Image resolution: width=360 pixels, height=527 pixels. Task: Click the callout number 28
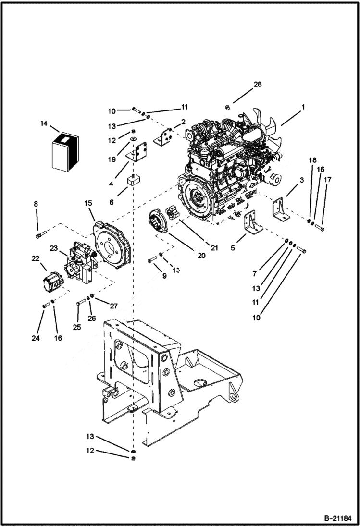[x=257, y=85]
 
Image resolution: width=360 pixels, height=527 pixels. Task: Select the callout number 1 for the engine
[x=303, y=107]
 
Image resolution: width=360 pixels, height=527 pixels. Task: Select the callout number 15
[x=88, y=204]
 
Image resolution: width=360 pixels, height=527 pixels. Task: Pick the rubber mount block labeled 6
[x=133, y=183]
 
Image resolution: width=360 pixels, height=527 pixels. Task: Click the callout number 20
[x=201, y=255]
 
